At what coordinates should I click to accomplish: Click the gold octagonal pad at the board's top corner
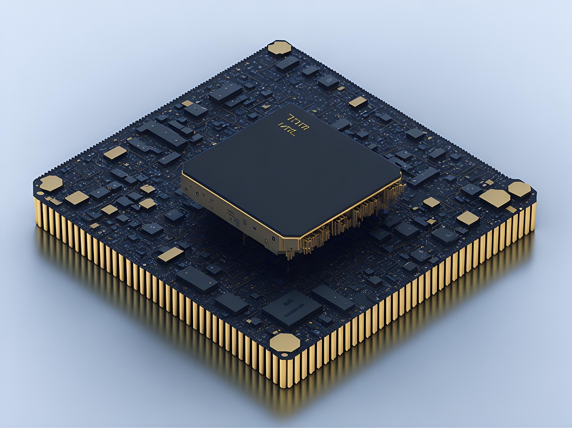tap(280, 48)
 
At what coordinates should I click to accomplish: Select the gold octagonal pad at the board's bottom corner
tap(286, 343)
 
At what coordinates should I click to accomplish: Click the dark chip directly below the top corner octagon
tap(284, 63)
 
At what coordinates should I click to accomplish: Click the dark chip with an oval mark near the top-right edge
tap(328, 81)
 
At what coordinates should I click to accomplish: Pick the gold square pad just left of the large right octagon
tap(468, 218)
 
